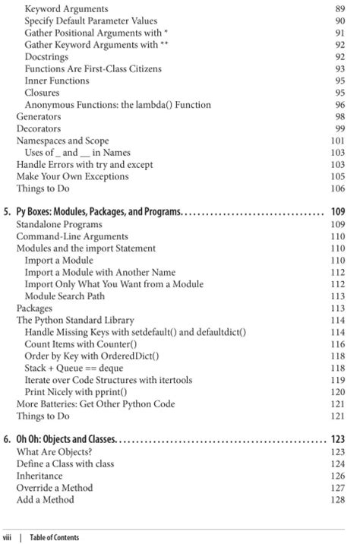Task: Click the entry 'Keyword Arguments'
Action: [66, 8]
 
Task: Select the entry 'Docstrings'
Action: [50, 56]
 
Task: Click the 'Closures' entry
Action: [43, 93]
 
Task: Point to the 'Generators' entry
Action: [39, 117]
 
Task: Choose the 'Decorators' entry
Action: [39, 129]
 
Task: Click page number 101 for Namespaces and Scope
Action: [337, 141]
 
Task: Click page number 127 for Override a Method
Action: [337, 488]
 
